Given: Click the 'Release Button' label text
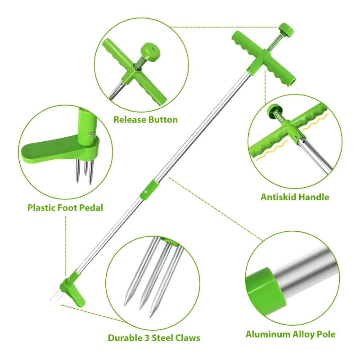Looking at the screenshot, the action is (145, 120).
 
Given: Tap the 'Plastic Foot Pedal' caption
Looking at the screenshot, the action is (65, 208).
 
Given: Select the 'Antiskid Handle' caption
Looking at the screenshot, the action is (295, 197).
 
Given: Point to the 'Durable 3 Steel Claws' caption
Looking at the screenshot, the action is (154, 338).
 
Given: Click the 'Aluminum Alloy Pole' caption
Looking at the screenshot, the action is (290, 334).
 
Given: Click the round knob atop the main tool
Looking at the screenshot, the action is (286, 29).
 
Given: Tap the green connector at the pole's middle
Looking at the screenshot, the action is (149, 190).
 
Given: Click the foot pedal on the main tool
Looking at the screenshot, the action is (73, 291).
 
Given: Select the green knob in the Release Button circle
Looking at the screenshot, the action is (150, 50).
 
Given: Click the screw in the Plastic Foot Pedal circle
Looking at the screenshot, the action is (91, 134).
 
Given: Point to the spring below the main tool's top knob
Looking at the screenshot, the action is (274, 43).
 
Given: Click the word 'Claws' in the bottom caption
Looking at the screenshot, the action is (188, 338).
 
